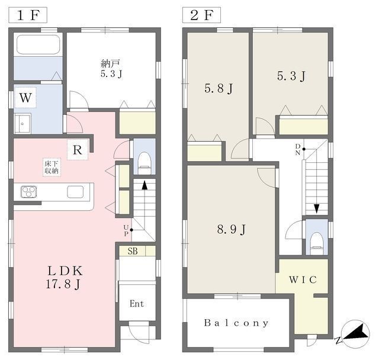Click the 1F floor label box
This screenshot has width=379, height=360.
(x=28, y=15)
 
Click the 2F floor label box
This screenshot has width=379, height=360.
(x=201, y=15)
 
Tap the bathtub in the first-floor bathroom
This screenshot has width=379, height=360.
(x=38, y=44)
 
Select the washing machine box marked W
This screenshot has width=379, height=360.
(x=25, y=98)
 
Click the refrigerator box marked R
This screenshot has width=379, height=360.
(x=78, y=150)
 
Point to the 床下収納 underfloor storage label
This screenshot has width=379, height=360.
(x=52, y=167)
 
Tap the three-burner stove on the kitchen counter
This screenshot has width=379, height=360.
(x=29, y=192)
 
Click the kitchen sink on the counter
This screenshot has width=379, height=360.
(x=75, y=192)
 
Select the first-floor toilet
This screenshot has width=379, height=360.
(x=144, y=163)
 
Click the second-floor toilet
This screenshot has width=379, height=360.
(x=317, y=243)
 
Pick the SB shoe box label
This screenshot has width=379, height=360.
(x=133, y=251)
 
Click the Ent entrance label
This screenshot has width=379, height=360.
(x=137, y=304)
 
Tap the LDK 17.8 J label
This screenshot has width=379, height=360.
(x=65, y=277)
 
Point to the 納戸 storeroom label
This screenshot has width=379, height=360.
(x=111, y=68)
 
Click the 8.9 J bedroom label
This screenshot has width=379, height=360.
(x=232, y=229)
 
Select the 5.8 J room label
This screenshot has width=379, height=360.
(x=219, y=88)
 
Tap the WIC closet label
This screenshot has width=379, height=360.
(x=303, y=279)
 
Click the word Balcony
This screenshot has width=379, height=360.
(x=236, y=323)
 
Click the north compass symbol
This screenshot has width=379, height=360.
(x=355, y=334)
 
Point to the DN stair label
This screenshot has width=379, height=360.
(x=298, y=149)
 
